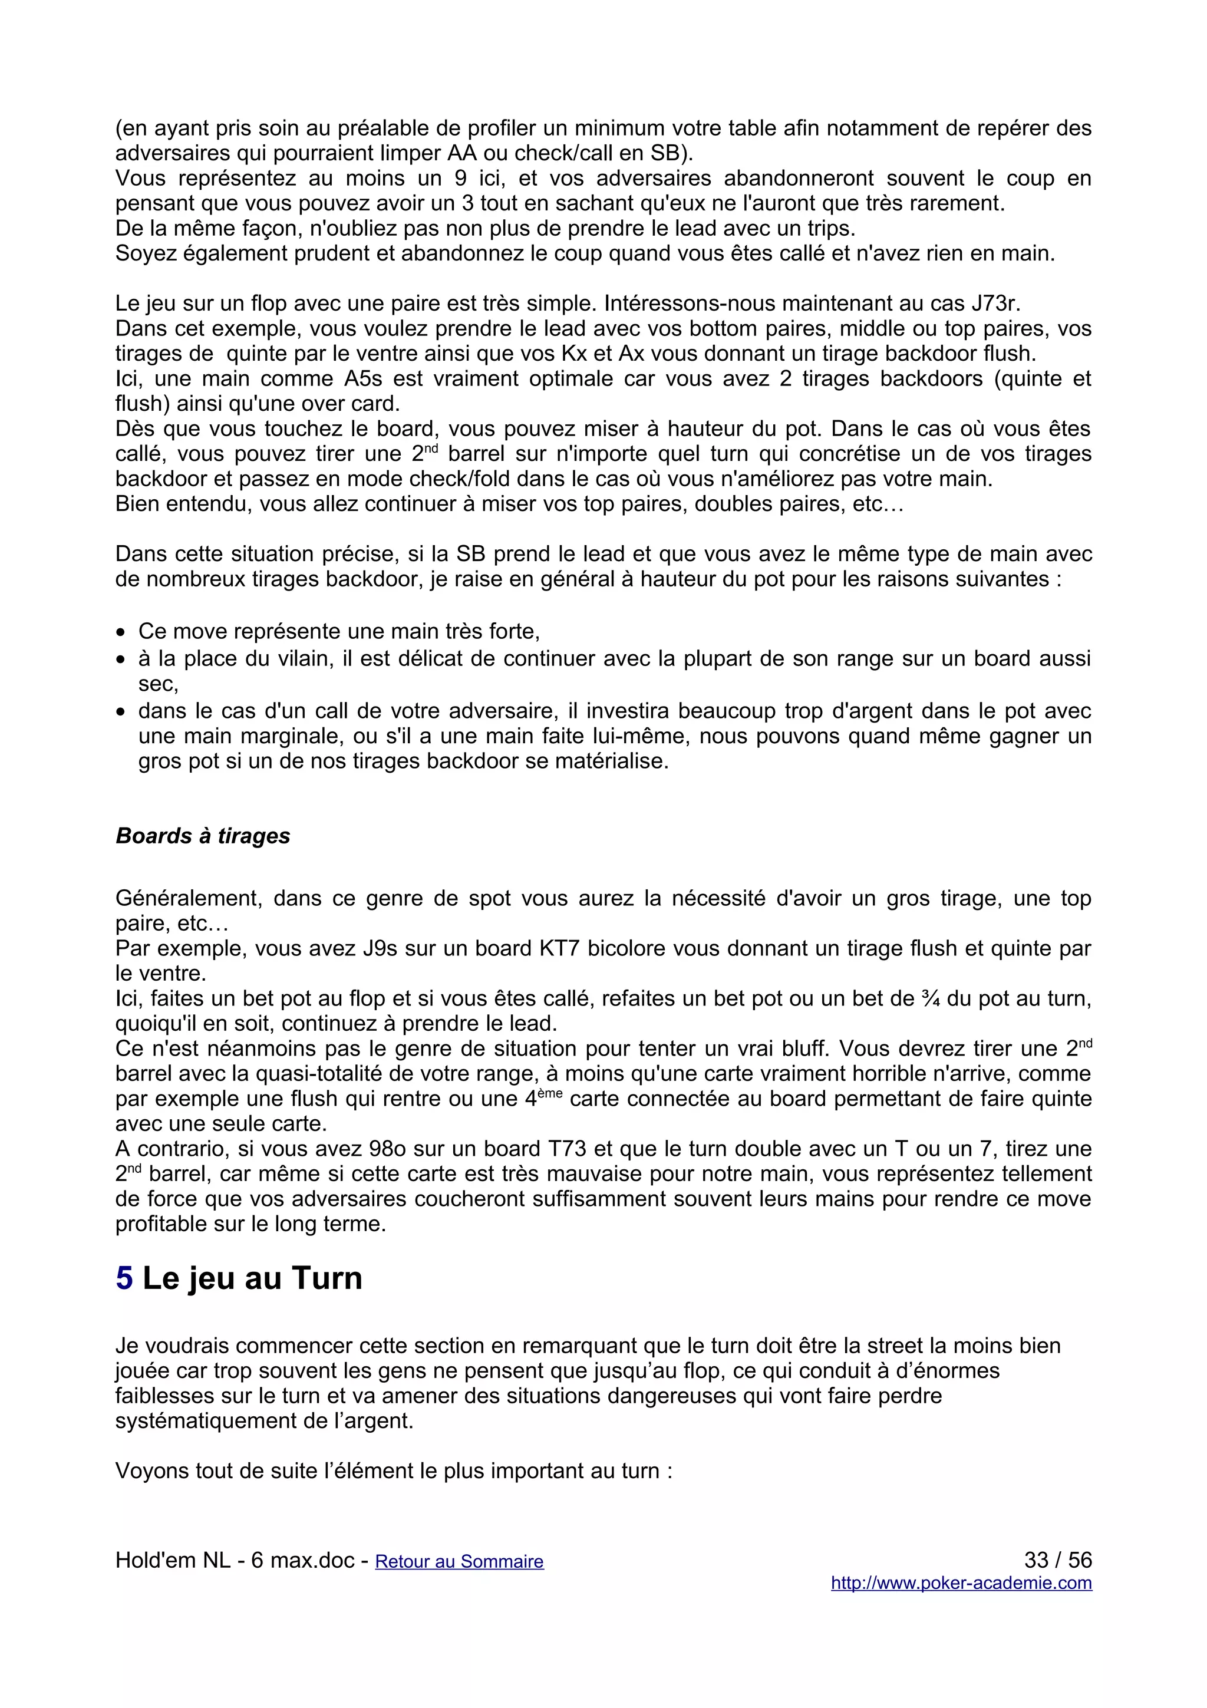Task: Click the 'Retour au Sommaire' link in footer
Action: click(x=459, y=1561)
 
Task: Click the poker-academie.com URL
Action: click(x=961, y=1583)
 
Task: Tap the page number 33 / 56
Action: click(x=1057, y=1559)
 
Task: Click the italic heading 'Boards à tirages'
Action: click(x=202, y=836)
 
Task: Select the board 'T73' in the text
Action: click(x=568, y=1149)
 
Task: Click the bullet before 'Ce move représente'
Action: click(x=120, y=633)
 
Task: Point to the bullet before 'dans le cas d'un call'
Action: click(x=120, y=713)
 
